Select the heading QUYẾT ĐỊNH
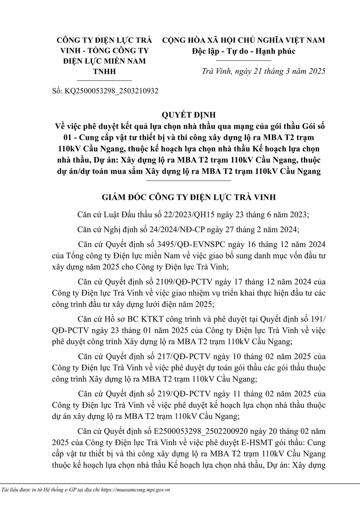pos(188,115)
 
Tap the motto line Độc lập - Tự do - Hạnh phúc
pos(244,51)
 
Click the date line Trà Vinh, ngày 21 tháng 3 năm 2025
pos(263,71)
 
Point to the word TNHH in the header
pos(104,71)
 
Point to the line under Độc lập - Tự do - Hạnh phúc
pos(244,60)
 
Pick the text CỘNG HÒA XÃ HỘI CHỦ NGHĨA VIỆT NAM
pos(244,40)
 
